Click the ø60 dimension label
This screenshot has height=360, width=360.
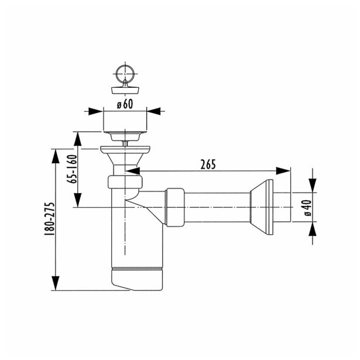click(x=125, y=104)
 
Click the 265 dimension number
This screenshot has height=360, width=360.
click(x=208, y=164)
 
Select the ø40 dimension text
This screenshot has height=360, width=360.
click(x=308, y=208)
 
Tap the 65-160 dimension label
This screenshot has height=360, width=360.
click(x=71, y=169)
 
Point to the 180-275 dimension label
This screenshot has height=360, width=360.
click(x=49, y=219)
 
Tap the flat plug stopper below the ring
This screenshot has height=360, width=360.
click(x=125, y=90)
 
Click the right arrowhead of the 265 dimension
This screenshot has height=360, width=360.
click(x=283, y=171)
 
